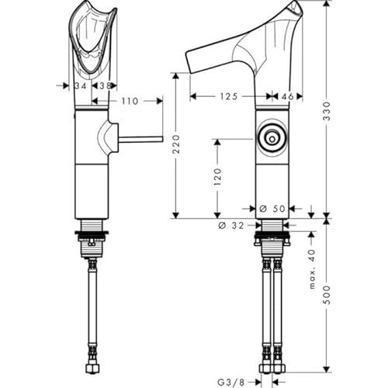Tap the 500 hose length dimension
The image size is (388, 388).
[x=327, y=295]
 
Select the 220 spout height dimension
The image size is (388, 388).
[x=176, y=144]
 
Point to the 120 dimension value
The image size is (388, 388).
[x=218, y=177]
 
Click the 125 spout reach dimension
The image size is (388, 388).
[x=229, y=96]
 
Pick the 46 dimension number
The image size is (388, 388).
[x=287, y=96]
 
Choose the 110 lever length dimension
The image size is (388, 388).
[x=130, y=101]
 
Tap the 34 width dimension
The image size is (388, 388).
[x=81, y=85]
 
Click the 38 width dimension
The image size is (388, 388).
[x=106, y=85]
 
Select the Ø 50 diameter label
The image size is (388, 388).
[x=272, y=209]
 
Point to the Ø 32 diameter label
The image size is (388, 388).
[x=231, y=226]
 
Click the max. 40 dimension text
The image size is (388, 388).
[x=313, y=269]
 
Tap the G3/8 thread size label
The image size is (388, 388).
[x=230, y=382]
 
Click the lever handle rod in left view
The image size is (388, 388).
[x=140, y=140]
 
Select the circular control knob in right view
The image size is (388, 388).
[x=272, y=139]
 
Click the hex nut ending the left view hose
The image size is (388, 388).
[x=92, y=368]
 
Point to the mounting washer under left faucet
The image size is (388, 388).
[x=92, y=233]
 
